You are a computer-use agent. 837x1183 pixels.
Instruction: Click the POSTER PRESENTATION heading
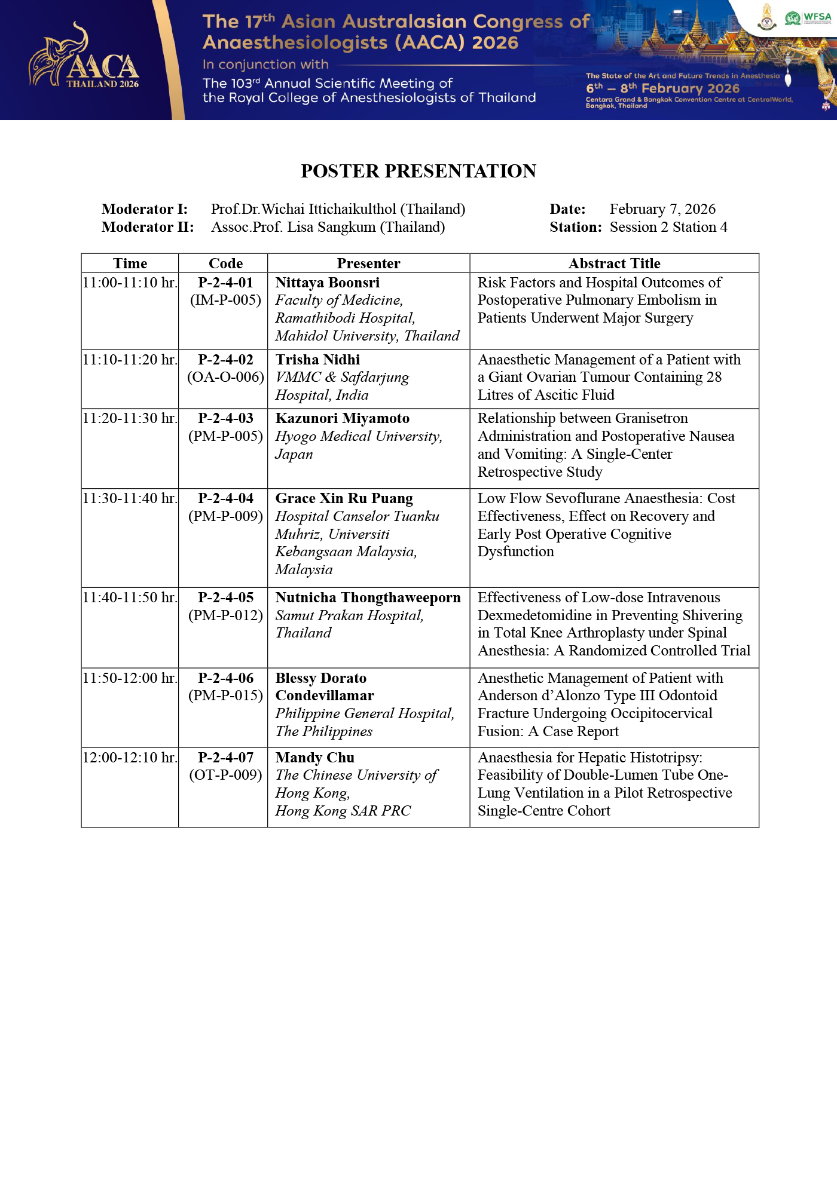pos(418,171)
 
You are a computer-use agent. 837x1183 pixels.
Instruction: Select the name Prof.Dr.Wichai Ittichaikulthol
pos(338,209)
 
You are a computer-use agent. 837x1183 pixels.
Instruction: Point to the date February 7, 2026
pos(662,209)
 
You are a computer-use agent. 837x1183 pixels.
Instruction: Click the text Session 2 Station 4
pos(668,227)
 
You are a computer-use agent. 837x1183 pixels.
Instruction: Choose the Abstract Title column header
pos(614,263)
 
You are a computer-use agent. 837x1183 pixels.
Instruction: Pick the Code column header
pos(225,263)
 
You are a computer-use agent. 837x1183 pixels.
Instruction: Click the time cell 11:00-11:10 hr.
pos(130,283)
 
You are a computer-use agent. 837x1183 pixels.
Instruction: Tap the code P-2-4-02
pos(225,360)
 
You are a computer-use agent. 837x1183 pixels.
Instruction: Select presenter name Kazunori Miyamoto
pos(342,418)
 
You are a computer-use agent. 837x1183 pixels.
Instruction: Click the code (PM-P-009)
pos(225,516)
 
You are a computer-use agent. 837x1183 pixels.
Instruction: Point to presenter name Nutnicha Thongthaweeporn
pos(368,597)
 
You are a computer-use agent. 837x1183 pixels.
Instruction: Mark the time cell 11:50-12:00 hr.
pos(130,678)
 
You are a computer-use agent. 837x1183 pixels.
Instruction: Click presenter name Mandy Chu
pos(314,758)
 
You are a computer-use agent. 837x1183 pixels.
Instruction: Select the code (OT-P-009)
pos(225,775)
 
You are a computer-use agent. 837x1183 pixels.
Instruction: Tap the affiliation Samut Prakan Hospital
pos(349,615)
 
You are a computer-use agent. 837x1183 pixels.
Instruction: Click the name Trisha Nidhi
pos(317,360)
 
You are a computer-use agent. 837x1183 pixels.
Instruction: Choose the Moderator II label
pos(147,227)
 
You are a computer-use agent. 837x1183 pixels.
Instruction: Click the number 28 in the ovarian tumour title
pos(713,377)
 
